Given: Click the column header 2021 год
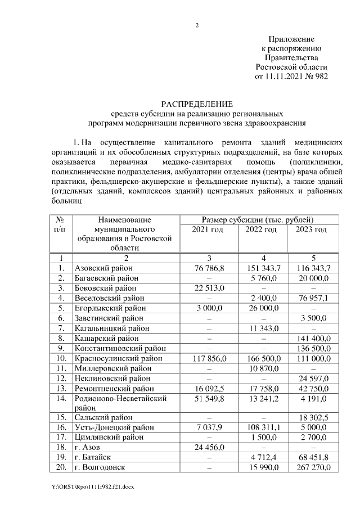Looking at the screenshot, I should point(208,229).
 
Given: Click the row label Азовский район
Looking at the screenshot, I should point(104,268).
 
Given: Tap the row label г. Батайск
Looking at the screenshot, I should point(94,457).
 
